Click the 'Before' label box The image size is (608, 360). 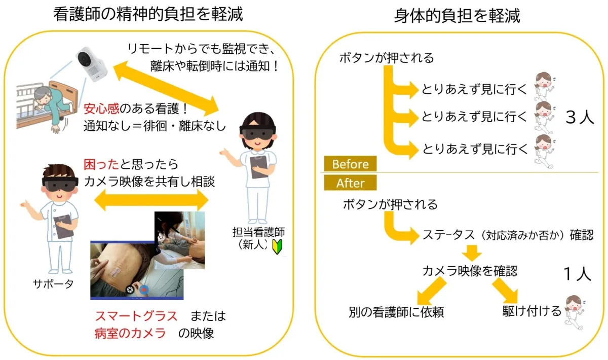pos(351,164)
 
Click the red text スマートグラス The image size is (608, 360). pos(136,316)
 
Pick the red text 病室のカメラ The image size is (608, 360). pos(130,333)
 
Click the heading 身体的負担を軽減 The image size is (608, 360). pos(457,17)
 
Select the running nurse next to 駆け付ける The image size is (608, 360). pos(575,309)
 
